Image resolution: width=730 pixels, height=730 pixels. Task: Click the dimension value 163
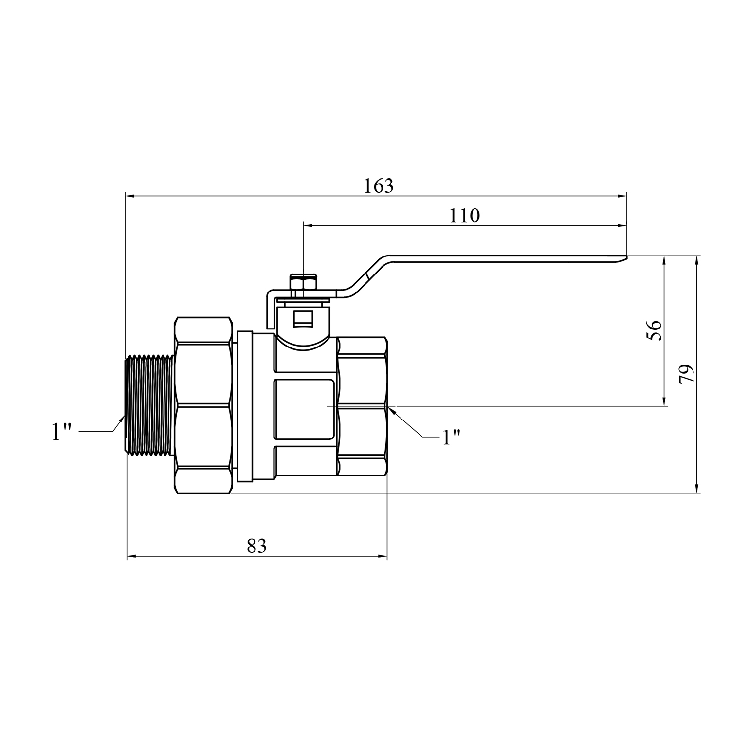tap(379, 186)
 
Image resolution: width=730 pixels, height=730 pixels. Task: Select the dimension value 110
tap(464, 216)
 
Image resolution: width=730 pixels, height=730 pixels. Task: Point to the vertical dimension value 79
tap(686, 374)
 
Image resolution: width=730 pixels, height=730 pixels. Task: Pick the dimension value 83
tap(257, 546)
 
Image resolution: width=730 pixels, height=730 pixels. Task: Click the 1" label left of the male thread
tap(62, 432)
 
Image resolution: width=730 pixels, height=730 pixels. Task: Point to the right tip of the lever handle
tap(626, 257)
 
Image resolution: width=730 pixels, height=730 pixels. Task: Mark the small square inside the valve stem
tap(302, 319)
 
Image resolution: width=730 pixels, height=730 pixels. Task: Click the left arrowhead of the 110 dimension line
tap(309, 226)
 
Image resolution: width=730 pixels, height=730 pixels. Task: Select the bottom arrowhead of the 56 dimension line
tap(664, 401)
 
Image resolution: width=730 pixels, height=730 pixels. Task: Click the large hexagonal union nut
tap(202, 405)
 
